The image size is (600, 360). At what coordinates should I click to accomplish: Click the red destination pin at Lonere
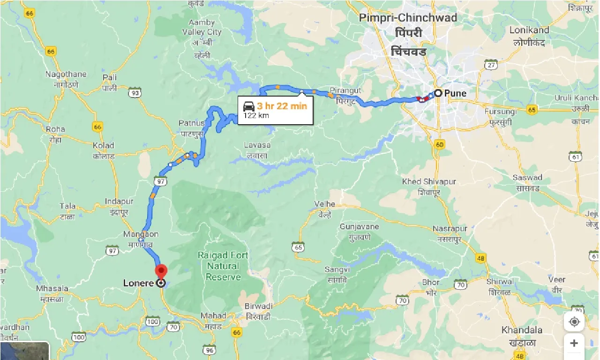coord(161,271)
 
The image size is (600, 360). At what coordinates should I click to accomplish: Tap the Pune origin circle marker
coord(438,93)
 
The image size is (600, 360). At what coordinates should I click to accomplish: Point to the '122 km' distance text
coord(256,115)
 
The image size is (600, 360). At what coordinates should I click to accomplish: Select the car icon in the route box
coord(249,106)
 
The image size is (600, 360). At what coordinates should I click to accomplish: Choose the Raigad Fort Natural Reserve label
coord(223,266)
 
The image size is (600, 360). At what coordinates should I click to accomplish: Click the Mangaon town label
coord(141,234)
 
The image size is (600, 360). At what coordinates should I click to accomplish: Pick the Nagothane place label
coord(66,74)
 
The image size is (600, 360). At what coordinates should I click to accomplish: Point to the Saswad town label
coord(527,178)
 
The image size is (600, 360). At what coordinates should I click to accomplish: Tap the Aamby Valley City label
coord(202,27)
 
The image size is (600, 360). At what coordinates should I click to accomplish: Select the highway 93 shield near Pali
coord(135,93)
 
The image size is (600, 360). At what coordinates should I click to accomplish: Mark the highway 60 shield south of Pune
coord(439,144)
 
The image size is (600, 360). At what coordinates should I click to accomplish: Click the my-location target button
coord(574,322)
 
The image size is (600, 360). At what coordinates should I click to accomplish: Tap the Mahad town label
coord(213,315)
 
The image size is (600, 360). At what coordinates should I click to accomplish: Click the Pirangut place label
coord(346,90)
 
